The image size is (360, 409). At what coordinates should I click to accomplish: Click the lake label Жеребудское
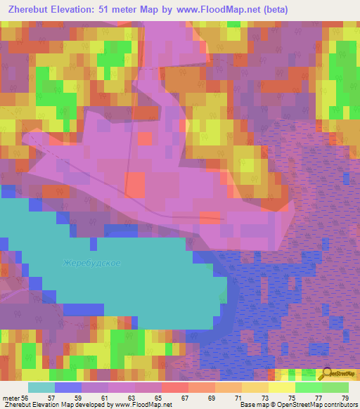(x=91, y=264)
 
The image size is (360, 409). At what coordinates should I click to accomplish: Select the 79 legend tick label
(x=345, y=398)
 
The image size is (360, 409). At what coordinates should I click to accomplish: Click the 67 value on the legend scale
(x=184, y=398)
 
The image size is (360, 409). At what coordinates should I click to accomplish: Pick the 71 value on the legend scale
(x=238, y=398)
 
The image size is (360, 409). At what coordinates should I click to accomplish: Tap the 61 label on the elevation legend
(x=104, y=398)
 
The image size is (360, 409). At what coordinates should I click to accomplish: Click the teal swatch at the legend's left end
(x=41, y=387)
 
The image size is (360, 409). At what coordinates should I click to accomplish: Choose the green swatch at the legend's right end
(x=335, y=387)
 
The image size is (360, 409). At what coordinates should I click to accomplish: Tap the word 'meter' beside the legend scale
(x=11, y=398)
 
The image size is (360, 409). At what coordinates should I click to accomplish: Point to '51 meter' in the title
(x=119, y=11)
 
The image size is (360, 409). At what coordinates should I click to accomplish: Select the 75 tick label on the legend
(x=291, y=398)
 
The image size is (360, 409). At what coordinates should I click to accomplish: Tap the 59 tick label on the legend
(x=77, y=398)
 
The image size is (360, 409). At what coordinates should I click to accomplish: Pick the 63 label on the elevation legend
(x=131, y=398)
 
